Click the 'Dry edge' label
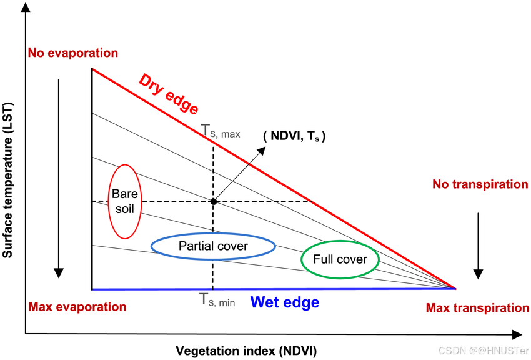point(168,94)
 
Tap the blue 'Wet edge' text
point(285,302)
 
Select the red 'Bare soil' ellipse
point(124,201)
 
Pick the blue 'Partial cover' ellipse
point(213,246)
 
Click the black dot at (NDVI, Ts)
point(213,201)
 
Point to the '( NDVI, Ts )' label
point(294,136)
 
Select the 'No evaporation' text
point(72,52)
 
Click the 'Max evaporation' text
point(77,307)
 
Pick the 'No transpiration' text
point(480,184)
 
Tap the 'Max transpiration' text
point(477,307)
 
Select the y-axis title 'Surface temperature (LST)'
point(9,181)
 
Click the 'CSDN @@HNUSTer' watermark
point(484,351)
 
